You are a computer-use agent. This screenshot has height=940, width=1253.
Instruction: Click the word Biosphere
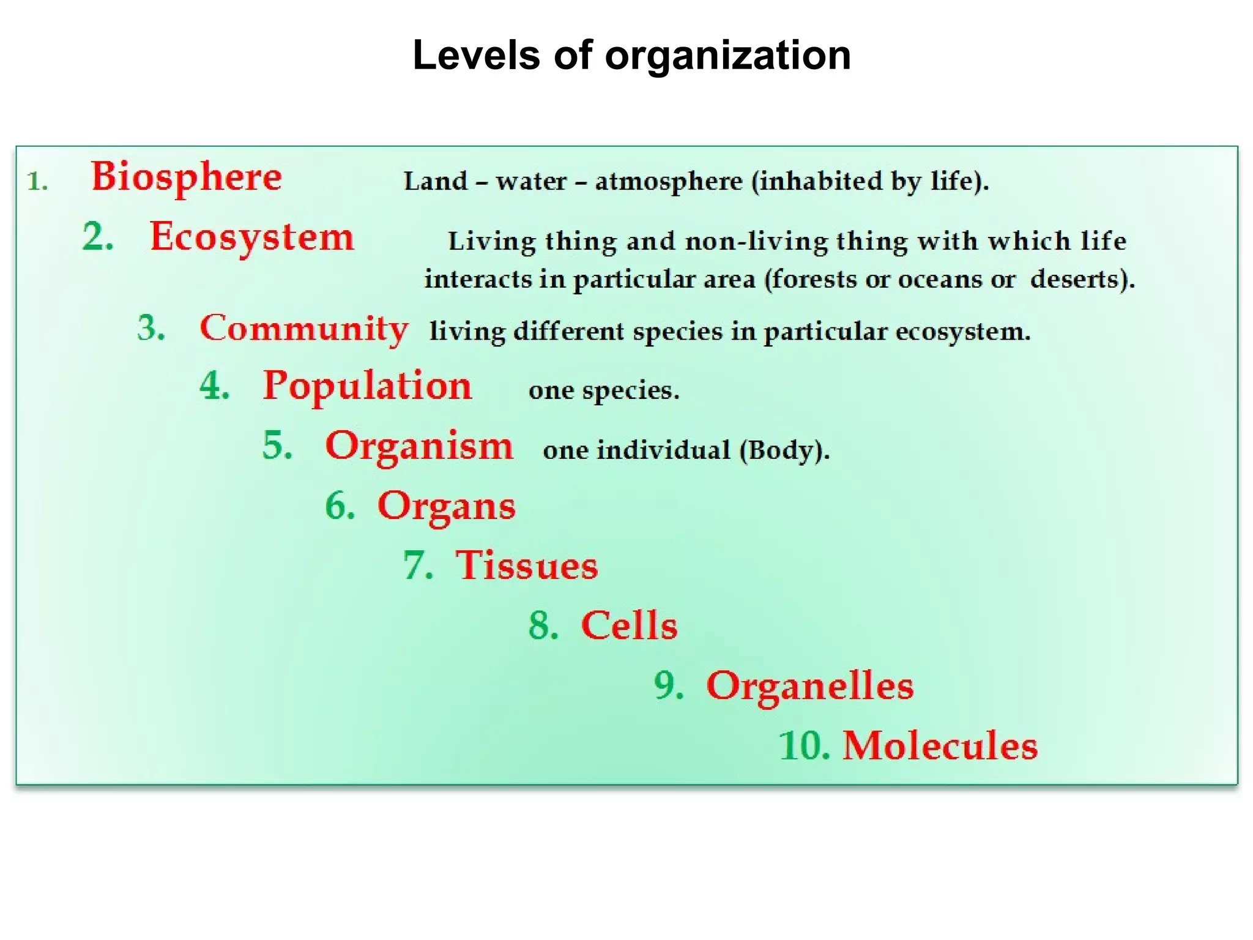click(x=187, y=177)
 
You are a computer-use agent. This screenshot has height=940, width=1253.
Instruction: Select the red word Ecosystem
click(x=252, y=237)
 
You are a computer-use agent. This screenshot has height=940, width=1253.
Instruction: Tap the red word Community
click(x=304, y=329)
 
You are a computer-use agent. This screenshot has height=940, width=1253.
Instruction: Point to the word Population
click(x=367, y=387)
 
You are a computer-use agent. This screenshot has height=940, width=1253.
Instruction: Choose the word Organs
click(x=447, y=507)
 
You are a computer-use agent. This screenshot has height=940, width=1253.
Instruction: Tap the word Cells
click(x=630, y=625)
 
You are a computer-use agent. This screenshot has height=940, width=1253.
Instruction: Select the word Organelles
click(x=810, y=686)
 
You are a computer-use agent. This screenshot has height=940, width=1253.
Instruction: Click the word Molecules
click(x=940, y=746)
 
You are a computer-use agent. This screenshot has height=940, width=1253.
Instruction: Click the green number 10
click(x=803, y=746)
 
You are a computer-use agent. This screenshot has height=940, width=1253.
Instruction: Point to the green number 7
click(x=417, y=565)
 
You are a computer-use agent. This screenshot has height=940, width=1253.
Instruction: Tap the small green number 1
click(x=37, y=182)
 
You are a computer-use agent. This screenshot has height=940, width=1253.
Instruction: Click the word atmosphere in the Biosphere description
click(x=669, y=182)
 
